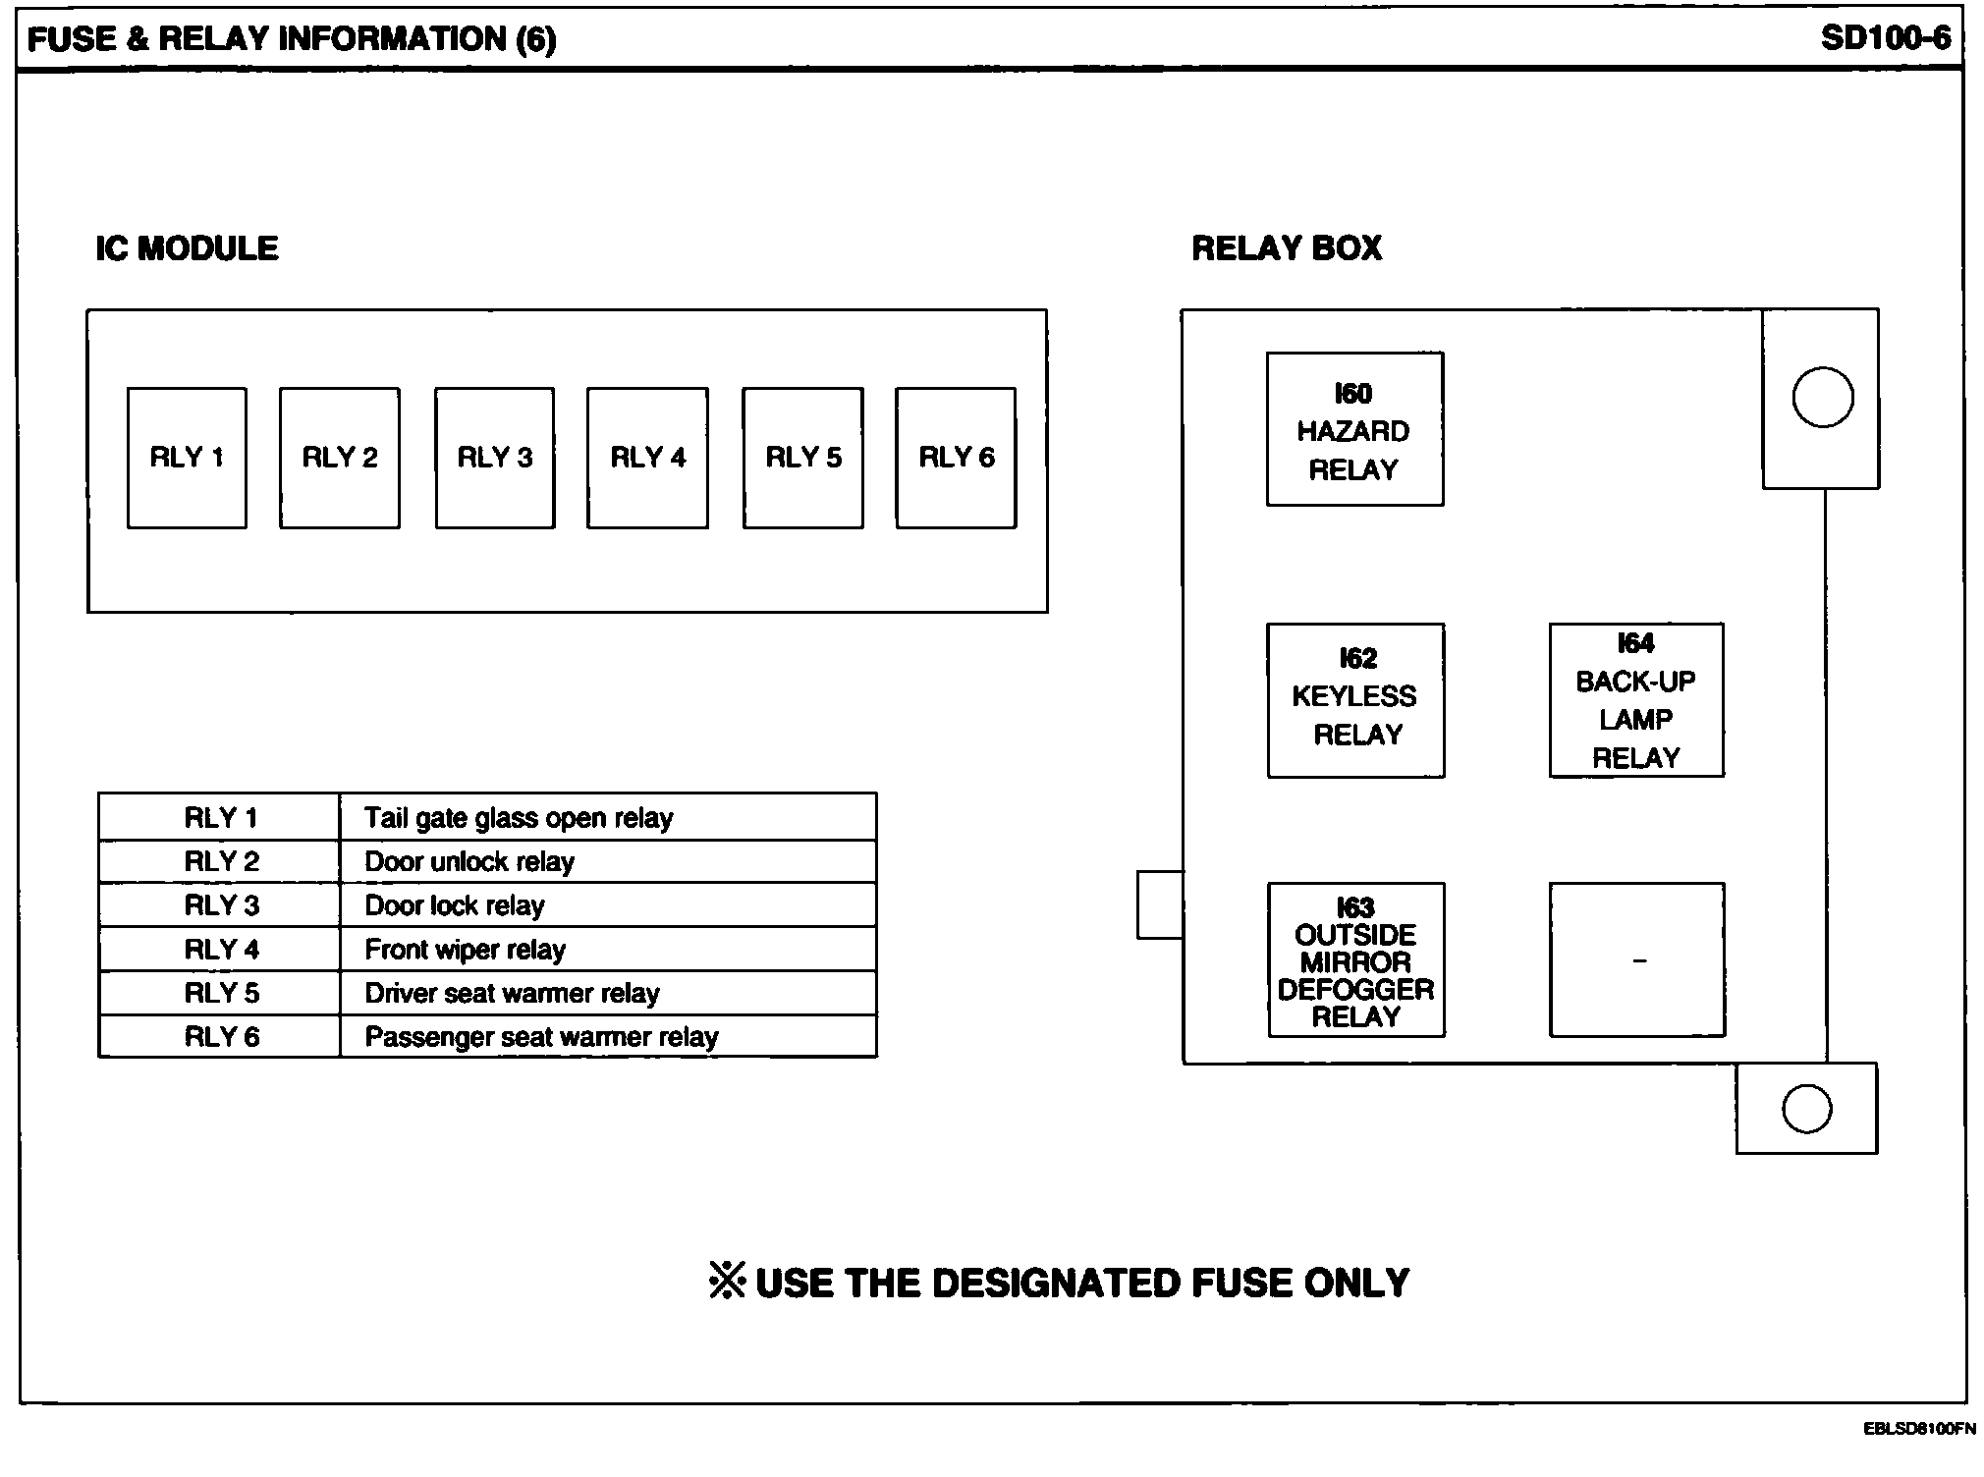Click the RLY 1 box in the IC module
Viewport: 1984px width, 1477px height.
[x=187, y=458]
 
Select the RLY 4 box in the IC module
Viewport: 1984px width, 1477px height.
[x=647, y=458]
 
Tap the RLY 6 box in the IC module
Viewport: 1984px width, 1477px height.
[x=956, y=458]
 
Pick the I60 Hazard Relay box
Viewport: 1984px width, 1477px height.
[x=1354, y=429]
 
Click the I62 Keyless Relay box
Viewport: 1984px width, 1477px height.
[x=1355, y=700]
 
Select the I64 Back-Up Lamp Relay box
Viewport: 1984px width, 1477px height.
[x=1636, y=700]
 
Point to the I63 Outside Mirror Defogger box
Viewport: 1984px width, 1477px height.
[x=1356, y=960]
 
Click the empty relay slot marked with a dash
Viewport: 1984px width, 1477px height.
[x=1637, y=960]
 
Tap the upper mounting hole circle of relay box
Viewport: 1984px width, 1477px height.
[x=1823, y=397]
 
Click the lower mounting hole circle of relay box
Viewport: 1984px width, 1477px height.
[x=1806, y=1109]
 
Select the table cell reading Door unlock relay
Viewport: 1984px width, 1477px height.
[x=607, y=862]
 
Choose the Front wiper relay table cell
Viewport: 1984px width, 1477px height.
[x=607, y=950]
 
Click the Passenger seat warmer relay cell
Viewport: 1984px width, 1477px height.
[x=607, y=1037]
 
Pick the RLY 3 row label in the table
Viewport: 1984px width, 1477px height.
[x=221, y=905]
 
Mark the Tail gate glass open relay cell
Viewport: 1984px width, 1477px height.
[x=607, y=818]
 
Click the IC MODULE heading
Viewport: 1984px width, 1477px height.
[x=187, y=248]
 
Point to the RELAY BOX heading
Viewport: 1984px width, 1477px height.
[x=1287, y=248]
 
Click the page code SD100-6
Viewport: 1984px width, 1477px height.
[x=1885, y=38]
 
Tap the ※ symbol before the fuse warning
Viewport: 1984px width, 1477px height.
[x=727, y=1281]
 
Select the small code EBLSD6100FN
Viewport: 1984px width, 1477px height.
[x=1919, y=1429]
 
